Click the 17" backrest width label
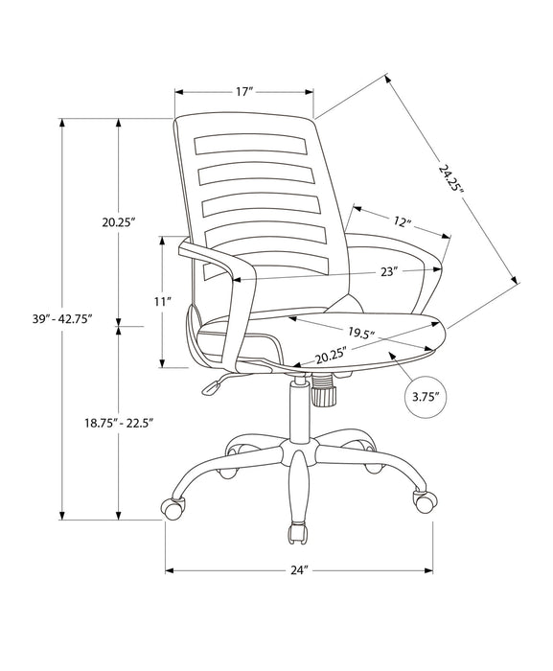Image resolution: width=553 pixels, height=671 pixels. (243, 92)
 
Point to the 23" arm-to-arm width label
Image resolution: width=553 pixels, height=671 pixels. (387, 271)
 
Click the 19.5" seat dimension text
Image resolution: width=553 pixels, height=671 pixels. (360, 334)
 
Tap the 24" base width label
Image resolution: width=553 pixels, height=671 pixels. (299, 570)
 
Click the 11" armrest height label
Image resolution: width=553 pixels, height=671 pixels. (163, 301)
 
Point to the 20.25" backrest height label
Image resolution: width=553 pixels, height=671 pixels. (120, 221)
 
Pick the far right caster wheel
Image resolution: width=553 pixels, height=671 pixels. (420, 499)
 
